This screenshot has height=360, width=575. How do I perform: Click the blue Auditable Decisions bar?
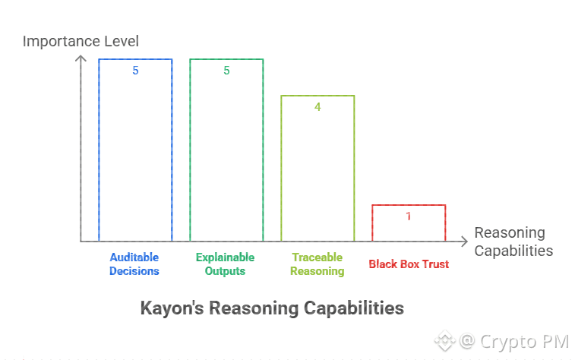pos(135,152)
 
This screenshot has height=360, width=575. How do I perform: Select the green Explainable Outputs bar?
pos(226,152)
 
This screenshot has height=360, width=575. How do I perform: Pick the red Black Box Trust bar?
pos(409,223)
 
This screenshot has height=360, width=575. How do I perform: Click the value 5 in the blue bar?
pos(135,71)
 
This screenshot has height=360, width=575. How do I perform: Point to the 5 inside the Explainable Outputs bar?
pos(226,71)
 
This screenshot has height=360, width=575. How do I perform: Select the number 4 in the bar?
pos(318,107)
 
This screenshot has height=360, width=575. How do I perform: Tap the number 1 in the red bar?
pos(409,216)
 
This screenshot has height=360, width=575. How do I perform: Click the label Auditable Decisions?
pos(134,264)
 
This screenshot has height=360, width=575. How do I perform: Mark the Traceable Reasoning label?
pos(317,264)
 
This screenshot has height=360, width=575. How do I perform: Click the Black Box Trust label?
pos(409,264)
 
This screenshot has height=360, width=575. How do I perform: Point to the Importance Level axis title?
pos(81,40)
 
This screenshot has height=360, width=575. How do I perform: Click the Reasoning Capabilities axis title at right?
pos(513,242)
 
